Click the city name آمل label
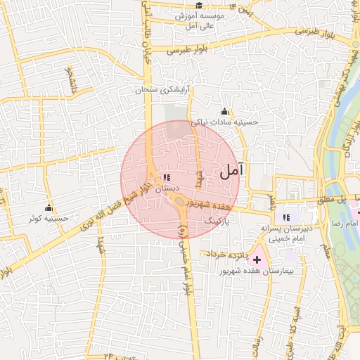point(233,170)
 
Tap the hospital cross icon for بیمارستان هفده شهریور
point(257,259)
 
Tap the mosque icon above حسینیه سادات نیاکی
point(224,111)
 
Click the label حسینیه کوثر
point(49,219)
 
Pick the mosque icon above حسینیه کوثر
point(49,208)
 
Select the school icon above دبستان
point(167,179)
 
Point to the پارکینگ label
point(217,221)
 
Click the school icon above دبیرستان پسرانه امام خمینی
point(285,217)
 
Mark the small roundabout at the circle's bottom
point(180,202)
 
